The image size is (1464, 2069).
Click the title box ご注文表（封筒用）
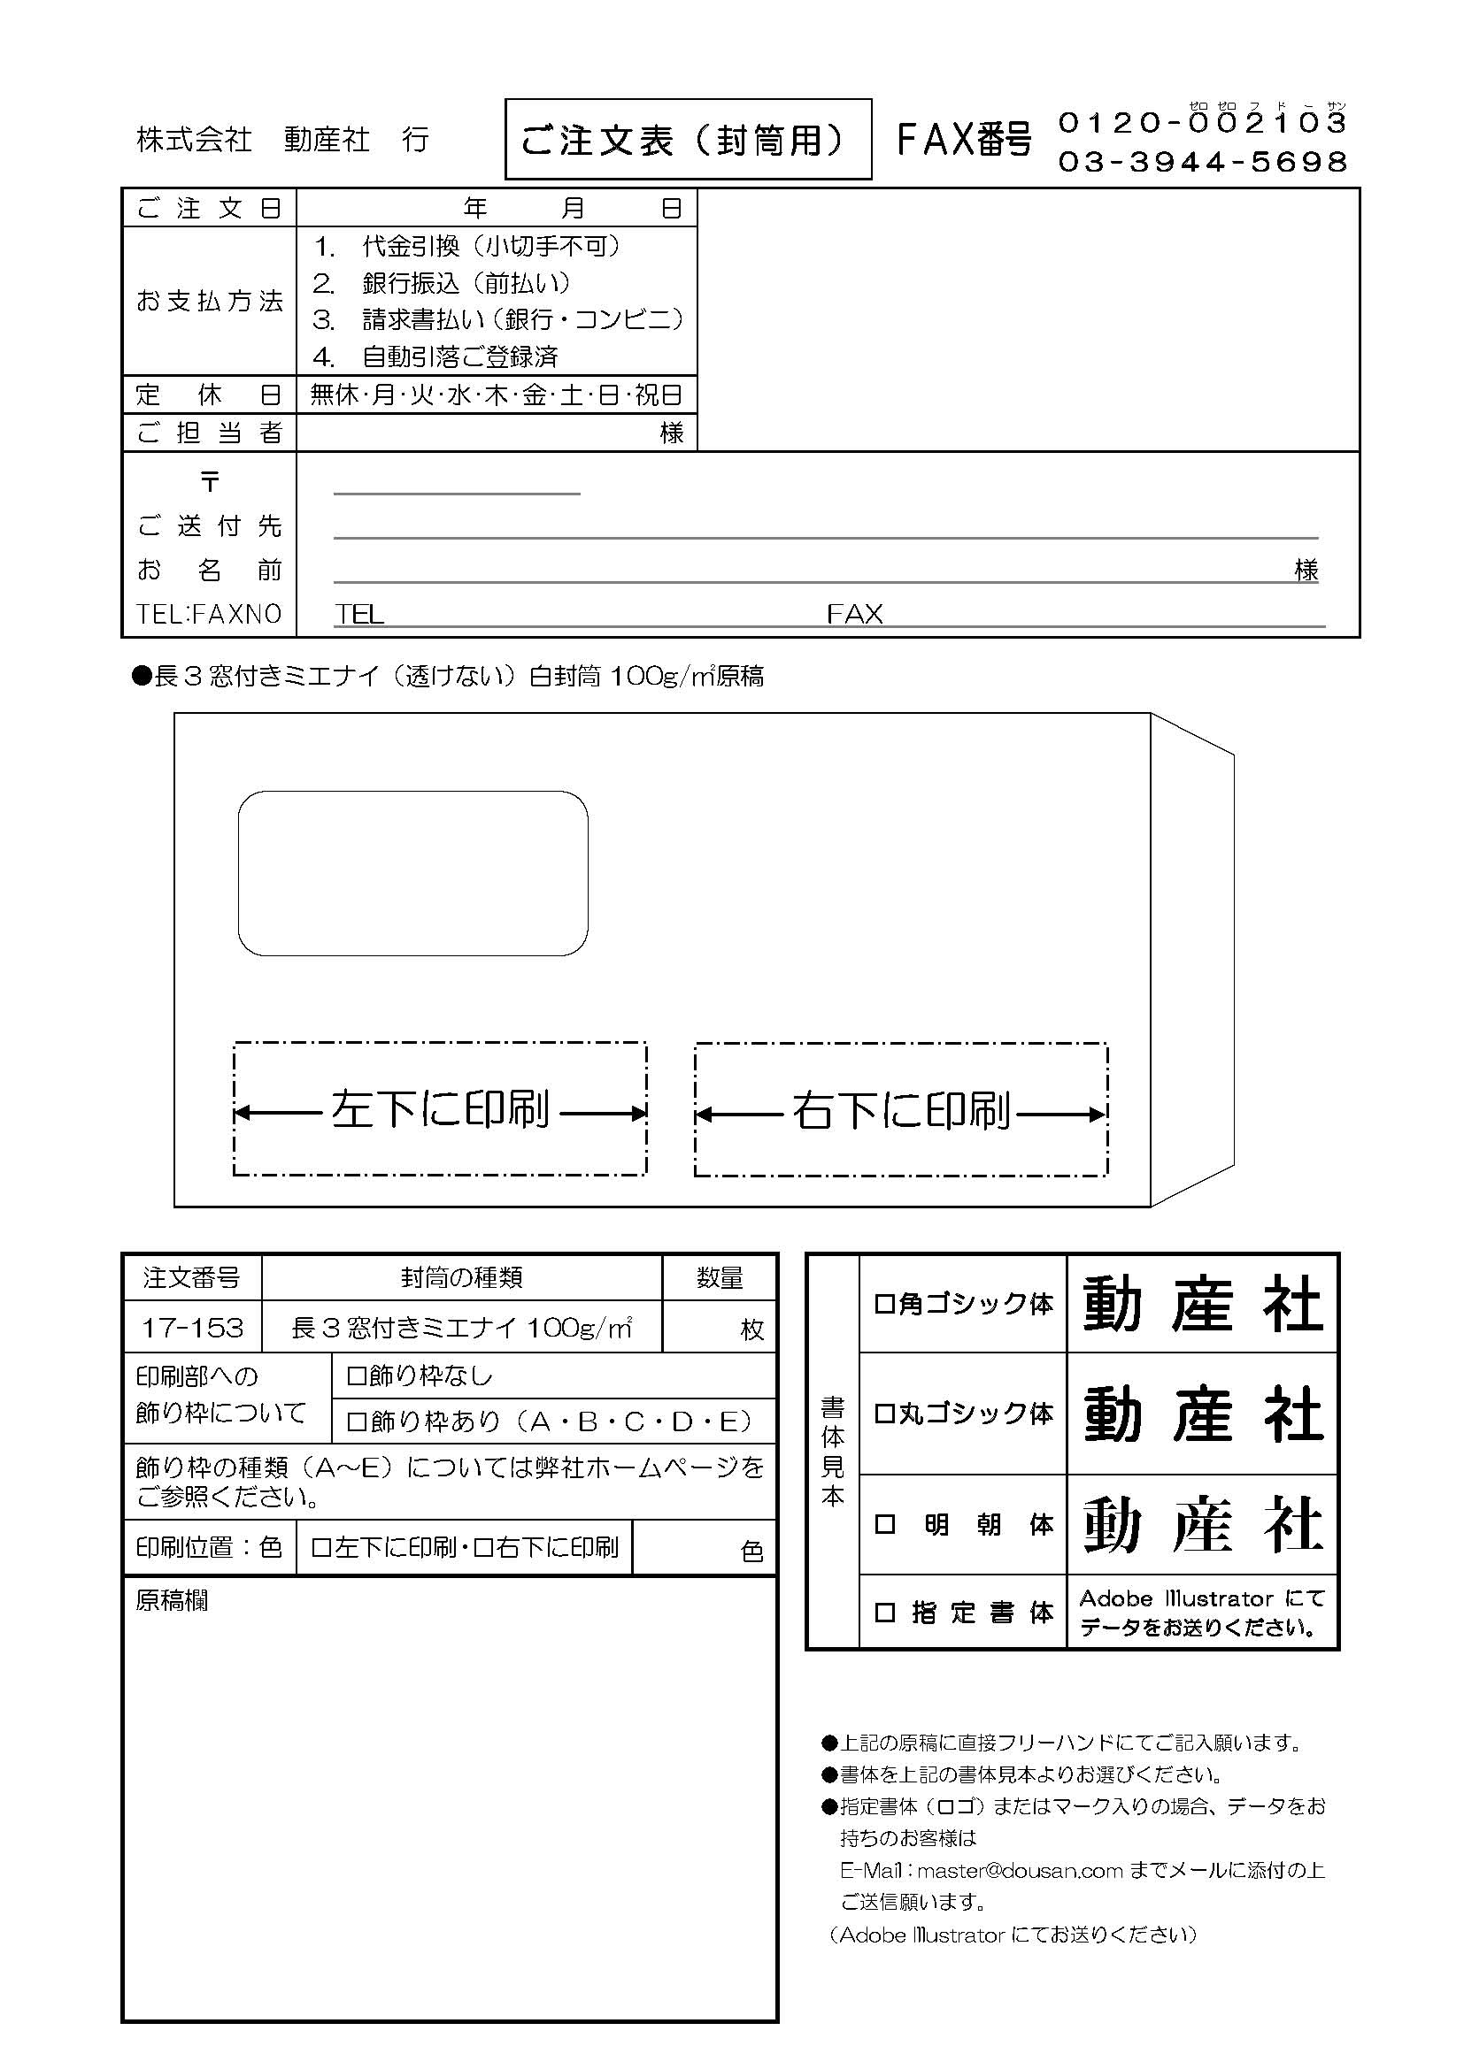click(688, 140)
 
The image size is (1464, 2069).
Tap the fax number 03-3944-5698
click(1202, 162)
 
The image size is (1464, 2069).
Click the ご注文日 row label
click(209, 208)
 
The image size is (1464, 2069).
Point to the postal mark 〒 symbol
click(210, 482)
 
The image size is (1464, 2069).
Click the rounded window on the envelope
click(412, 872)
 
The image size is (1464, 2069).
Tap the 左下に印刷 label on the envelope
click(440, 1109)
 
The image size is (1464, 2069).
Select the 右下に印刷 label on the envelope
click(900, 1110)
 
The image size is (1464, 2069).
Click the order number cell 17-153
click(192, 1328)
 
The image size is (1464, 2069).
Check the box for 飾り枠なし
click(356, 1376)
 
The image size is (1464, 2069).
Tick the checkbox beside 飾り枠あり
click(356, 1422)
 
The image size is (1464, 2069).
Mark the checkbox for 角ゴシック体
click(884, 1304)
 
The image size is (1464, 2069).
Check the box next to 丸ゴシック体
click(884, 1413)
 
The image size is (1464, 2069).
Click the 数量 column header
click(720, 1278)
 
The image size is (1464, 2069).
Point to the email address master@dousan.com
click(1020, 1870)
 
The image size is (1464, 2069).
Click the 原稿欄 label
click(173, 1600)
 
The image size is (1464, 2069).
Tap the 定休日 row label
click(209, 395)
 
